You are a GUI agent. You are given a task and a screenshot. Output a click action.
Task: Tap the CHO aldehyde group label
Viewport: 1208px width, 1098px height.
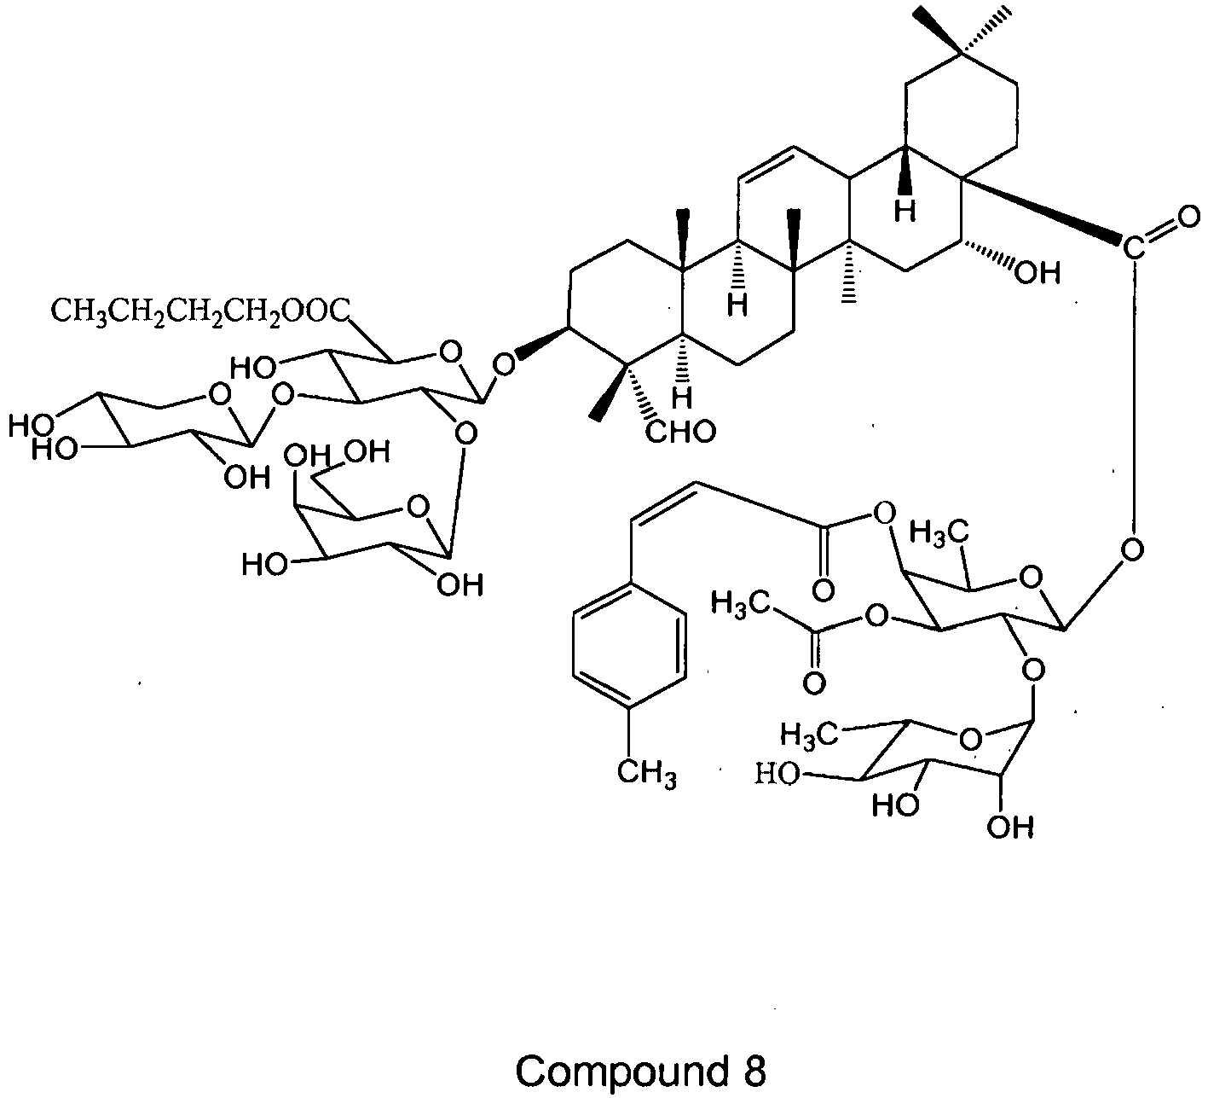(x=681, y=432)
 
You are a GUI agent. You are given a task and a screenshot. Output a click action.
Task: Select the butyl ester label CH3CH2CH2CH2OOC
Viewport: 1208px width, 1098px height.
(x=200, y=311)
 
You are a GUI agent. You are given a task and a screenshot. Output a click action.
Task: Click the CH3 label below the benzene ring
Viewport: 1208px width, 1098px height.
(x=646, y=773)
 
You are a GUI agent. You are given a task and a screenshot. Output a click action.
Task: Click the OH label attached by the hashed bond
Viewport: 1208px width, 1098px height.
(x=1037, y=273)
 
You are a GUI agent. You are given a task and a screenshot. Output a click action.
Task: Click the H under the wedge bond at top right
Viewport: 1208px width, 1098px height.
(x=905, y=211)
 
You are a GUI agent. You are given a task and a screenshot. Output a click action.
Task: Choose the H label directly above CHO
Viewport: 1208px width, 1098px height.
(x=682, y=398)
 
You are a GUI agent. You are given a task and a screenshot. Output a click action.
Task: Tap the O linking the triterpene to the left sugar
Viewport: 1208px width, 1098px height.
(x=504, y=364)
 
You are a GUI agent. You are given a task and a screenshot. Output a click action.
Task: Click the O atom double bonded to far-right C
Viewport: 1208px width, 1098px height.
(x=1188, y=217)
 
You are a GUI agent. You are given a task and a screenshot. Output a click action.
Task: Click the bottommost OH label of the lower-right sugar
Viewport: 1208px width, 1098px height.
(x=1010, y=828)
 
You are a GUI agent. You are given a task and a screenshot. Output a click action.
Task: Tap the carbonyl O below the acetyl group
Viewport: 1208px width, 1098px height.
(x=813, y=683)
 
